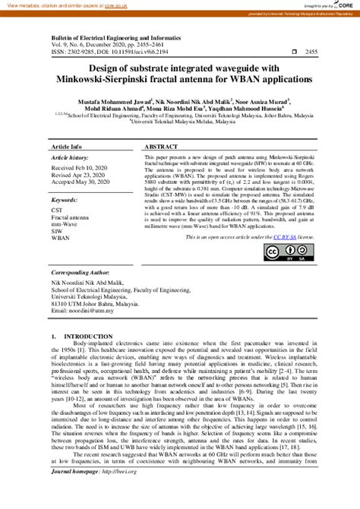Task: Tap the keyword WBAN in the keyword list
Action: (x=61, y=238)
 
